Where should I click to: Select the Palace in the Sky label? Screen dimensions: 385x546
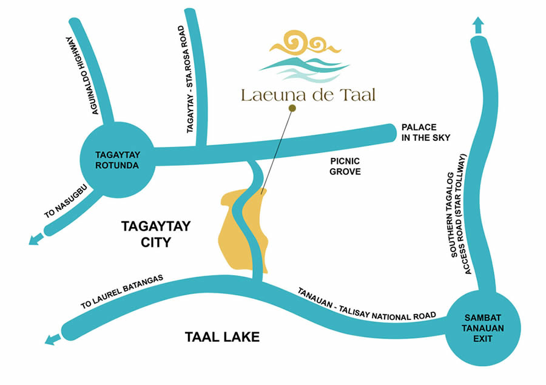(x=426, y=132)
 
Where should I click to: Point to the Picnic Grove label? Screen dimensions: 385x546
(x=345, y=166)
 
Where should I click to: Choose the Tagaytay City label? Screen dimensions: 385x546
(x=156, y=234)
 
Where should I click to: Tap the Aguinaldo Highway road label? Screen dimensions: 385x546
(x=84, y=75)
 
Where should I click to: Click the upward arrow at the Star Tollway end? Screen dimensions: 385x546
(x=478, y=26)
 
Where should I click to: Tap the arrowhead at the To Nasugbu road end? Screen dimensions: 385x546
(x=35, y=240)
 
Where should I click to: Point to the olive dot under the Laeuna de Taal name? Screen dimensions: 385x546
(x=292, y=109)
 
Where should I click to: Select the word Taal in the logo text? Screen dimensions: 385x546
(x=358, y=95)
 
